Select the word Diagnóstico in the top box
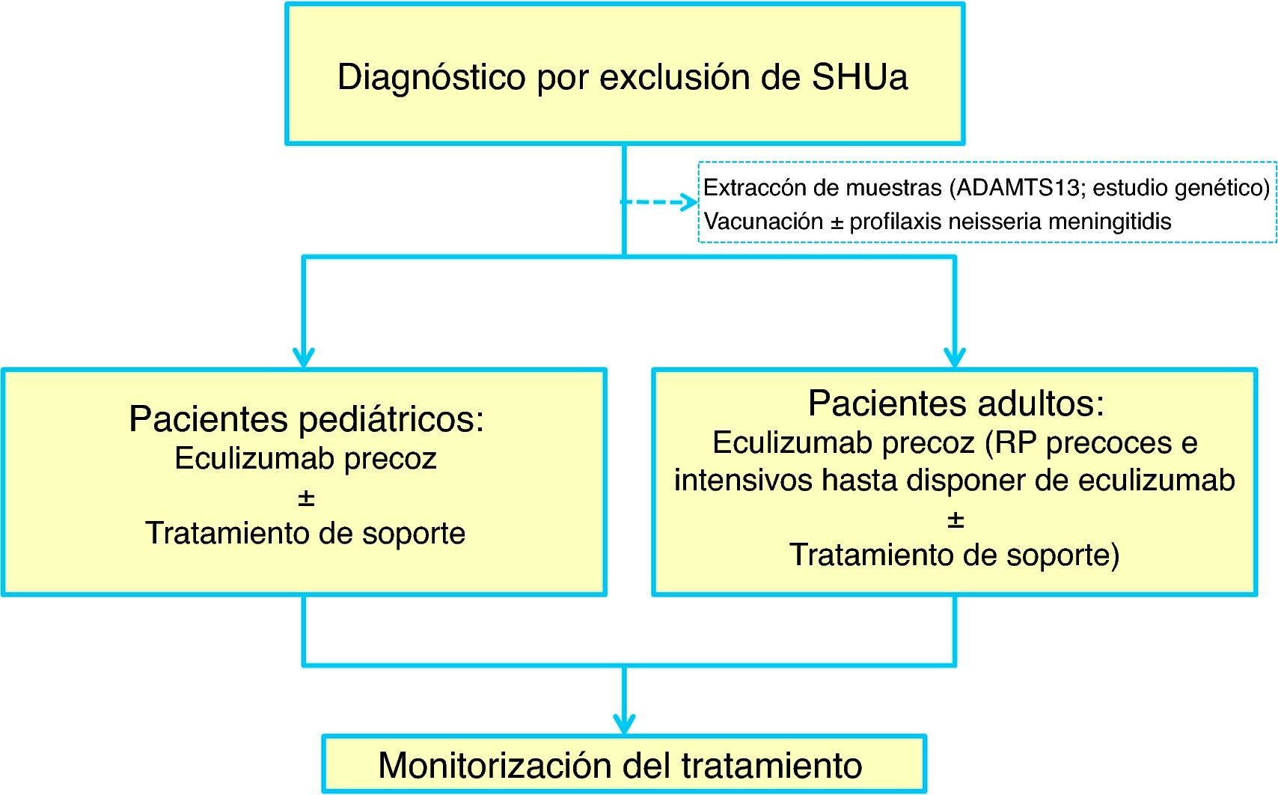431,78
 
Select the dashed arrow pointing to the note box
658,202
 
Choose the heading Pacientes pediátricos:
306,419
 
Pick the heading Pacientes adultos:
956,404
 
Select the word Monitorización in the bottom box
495,766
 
